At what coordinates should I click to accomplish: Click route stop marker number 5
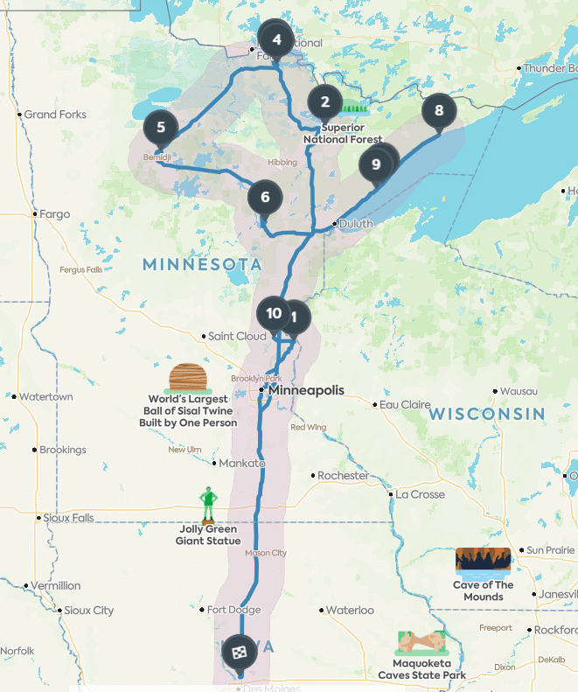pos(161,128)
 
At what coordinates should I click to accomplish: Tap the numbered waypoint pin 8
pos(439,111)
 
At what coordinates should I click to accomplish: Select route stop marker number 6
pos(265,197)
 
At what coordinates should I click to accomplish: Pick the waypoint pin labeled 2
pos(325,102)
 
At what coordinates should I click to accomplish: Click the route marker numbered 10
pos(273,313)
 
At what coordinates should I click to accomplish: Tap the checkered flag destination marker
pos(239,651)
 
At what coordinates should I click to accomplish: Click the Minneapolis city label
pos(306,390)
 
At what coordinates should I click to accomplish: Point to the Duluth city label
pos(356,223)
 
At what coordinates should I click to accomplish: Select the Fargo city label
pos(54,213)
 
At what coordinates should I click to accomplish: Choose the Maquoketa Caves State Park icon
pos(421,643)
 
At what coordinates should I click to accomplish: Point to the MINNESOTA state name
pos(202,264)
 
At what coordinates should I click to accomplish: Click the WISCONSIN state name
pos(486,413)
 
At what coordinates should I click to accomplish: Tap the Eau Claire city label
pos(404,405)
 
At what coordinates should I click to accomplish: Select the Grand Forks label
pos(55,115)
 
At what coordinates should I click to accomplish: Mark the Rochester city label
pos(343,476)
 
